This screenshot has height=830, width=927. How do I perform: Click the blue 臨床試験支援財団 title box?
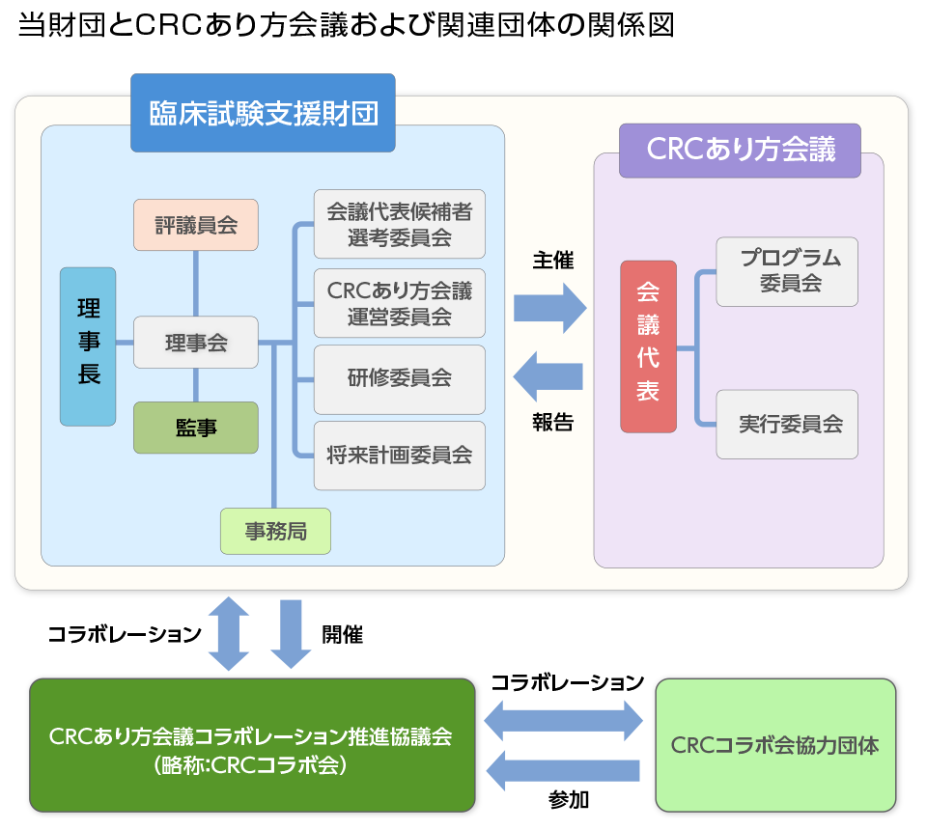pos(263,113)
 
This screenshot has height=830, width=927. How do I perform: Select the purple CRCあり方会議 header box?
pos(740,151)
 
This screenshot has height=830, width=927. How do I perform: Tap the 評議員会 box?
pos(196,225)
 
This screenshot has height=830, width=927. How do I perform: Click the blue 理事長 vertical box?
pos(88,346)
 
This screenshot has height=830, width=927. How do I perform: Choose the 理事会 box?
pos(196,343)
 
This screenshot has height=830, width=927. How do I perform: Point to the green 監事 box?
pos(196,428)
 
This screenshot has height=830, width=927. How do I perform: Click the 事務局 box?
pos(275,531)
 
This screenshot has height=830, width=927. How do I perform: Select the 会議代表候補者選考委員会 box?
pos(400,224)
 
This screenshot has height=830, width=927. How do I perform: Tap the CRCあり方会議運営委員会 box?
pos(400,303)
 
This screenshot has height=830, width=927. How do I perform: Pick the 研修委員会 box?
pos(400,378)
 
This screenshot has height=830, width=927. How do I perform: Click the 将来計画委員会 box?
pos(400,455)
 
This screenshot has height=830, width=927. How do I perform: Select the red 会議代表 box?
pos(648,346)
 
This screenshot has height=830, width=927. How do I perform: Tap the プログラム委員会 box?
pos(787,271)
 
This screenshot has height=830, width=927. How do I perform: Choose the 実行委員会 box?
pos(787,424)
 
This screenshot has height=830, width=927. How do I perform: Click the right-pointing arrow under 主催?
pos(549,308)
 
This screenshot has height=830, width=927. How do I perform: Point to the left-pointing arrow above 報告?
pos(548,376)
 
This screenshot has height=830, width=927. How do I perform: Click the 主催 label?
pos(552,261)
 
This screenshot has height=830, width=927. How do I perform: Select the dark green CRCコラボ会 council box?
pos(252,745)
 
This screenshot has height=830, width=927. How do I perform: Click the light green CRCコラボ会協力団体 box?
pos(775,745)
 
